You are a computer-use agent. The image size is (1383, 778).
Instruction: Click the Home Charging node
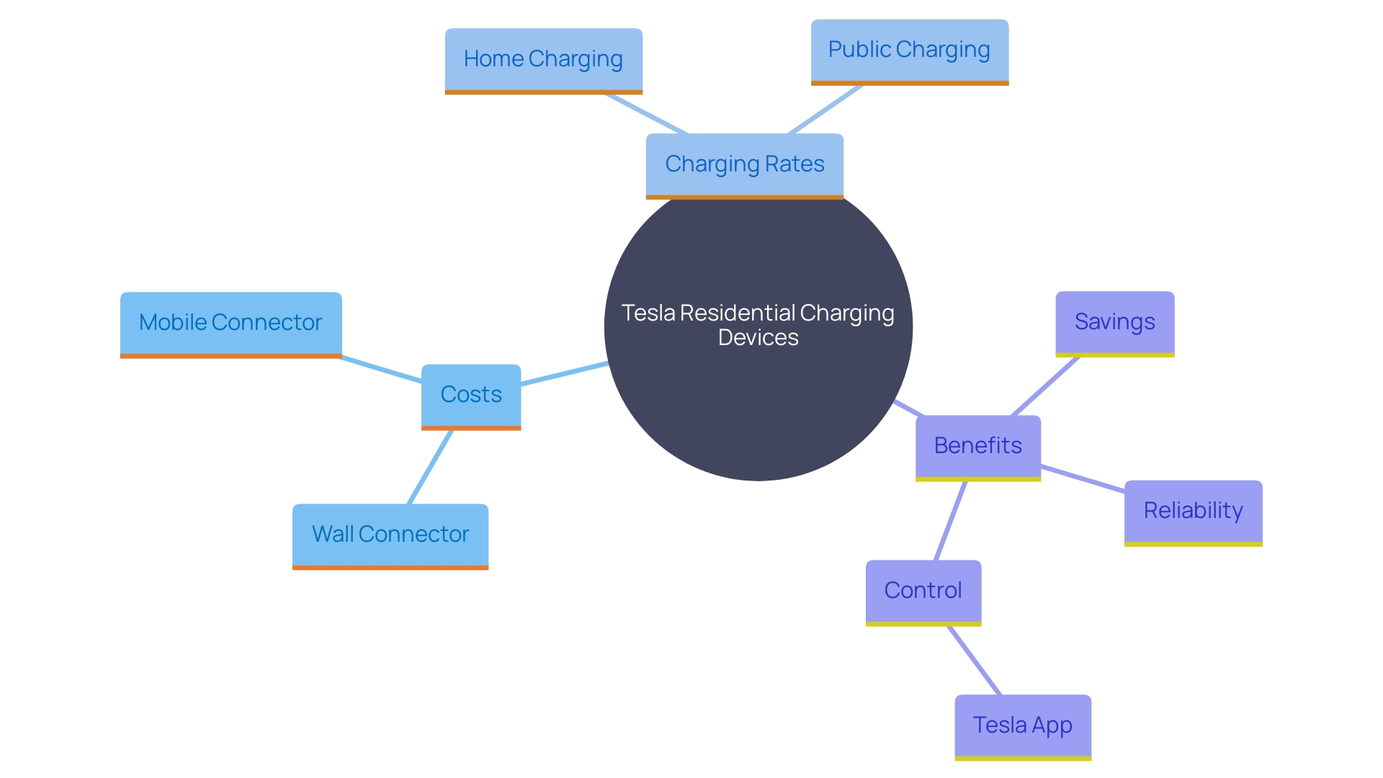[x=543, y=60]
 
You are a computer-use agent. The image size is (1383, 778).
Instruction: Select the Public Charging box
[x=909, y=50]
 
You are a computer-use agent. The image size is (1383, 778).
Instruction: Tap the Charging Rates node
[x=744, y=165]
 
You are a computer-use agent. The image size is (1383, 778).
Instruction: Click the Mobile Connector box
[x=230, y=323]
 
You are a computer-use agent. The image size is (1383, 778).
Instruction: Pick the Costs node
[x=471, y=395]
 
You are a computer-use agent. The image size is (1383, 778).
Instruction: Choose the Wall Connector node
[x=390, y=535]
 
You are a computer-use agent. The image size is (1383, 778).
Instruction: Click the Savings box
[x=1114, y=323]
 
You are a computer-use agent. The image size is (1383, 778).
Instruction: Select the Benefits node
[x=977, y=447]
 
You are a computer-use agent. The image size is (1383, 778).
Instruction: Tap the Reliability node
[x=1193, y=511]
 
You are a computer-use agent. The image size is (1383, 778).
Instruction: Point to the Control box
[x=923, y=591]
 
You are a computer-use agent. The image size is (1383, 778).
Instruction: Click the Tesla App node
[x=1023, y=726]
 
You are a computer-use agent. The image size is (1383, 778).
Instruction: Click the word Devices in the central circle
[x=758, y=338]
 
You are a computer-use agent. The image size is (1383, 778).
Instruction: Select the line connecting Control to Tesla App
[x=974, y=661]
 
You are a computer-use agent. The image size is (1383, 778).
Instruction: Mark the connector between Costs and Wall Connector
[x=430, y=467]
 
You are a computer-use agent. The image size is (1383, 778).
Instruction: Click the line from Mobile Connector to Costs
[x=381, y=369]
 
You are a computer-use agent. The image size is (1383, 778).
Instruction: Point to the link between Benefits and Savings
[x=1045, y=386]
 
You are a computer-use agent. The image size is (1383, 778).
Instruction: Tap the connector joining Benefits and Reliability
[x=1083, y=479]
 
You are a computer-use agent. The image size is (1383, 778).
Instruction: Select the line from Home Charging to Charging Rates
[x=647, y=114]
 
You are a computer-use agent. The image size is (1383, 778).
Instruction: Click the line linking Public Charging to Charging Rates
[x=825, y=109]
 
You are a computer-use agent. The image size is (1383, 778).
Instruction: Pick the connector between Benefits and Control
[x=950, y=520]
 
